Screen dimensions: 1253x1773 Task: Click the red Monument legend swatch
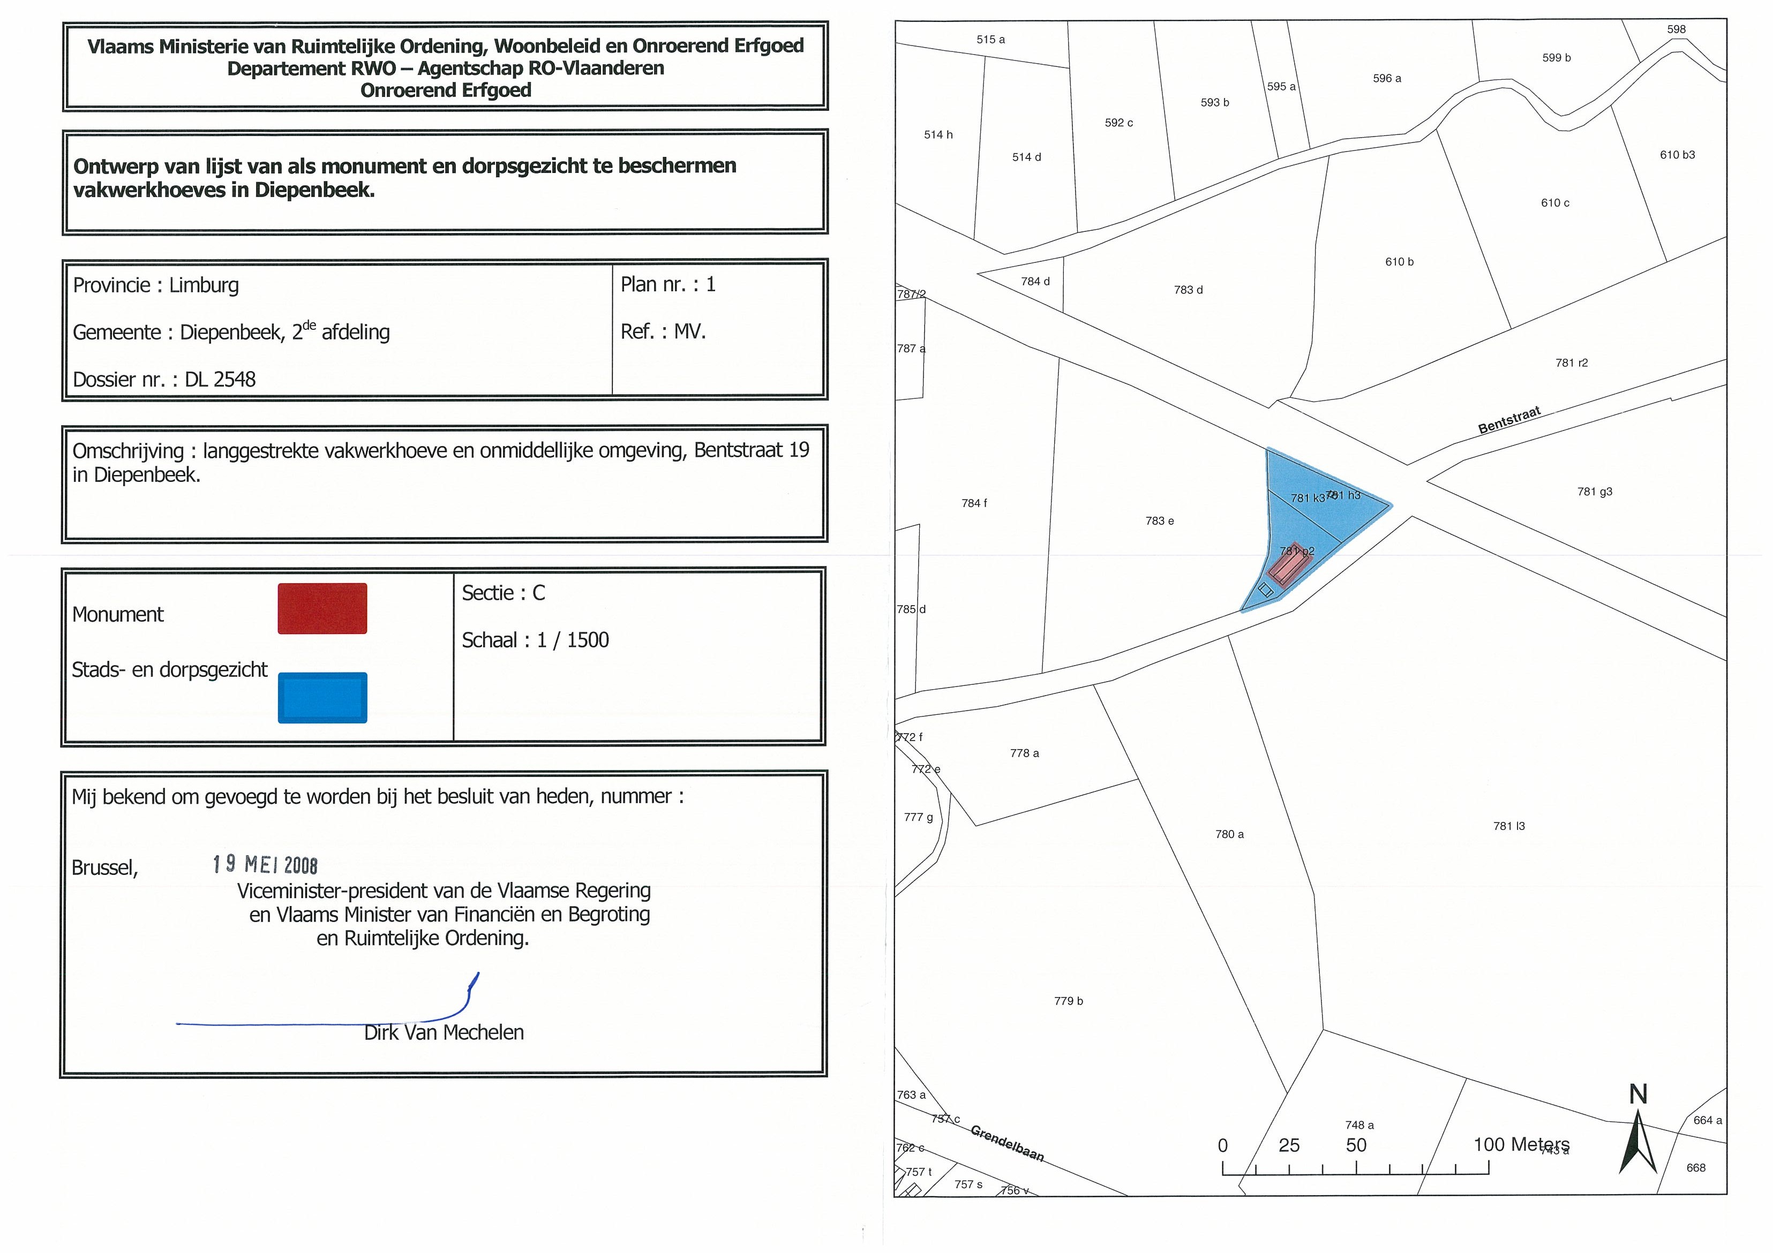tap(322, 608)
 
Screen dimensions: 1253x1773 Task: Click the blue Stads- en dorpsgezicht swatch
tap(322, 697)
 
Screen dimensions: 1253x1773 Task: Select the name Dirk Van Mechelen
tap(444, 1032)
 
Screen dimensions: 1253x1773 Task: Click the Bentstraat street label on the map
tap(1509, 420)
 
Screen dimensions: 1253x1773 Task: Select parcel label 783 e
tap(1159, 521)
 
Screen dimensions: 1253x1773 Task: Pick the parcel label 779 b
tap(1068, 1001)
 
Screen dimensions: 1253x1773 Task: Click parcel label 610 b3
tap(1677, 155)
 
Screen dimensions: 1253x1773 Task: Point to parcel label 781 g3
tap(1595, 492)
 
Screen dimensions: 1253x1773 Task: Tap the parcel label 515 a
tap(991, 40)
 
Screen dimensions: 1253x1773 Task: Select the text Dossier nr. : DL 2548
tap(164, 379)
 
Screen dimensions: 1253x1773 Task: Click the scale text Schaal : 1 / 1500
tap(535, 640)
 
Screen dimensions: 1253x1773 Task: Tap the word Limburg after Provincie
tap(204, 285)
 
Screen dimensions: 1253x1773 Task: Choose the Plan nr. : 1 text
tap(668, 285)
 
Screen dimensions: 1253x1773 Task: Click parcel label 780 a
tap(1229, 835)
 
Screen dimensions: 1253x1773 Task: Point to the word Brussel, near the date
tap(104, 868)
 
